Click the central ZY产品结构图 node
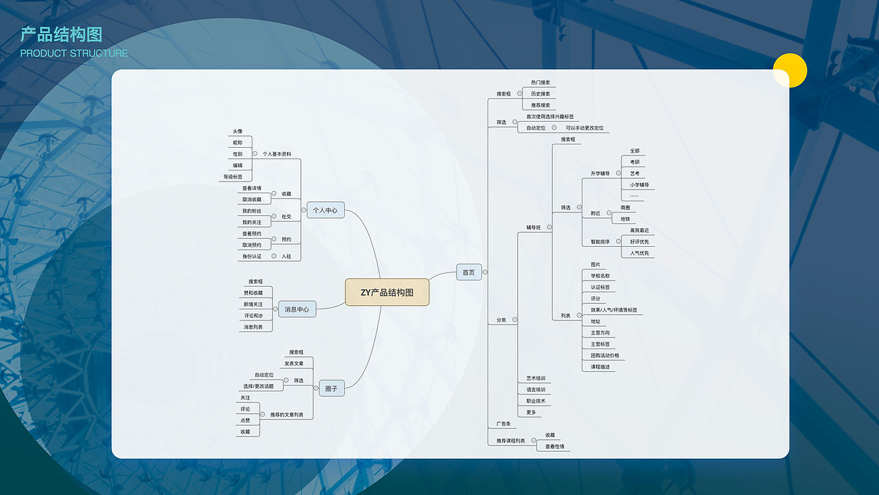(x=387, y=292)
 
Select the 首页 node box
(x=468, y=272)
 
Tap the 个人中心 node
(x=326, y=210)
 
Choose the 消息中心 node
(x=297, y=309)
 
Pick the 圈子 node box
(x=331, y=388)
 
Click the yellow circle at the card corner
(x=790, y=70)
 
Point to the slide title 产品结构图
(x=61, y=34)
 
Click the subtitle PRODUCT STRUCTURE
(x=74, y=54)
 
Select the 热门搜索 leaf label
(x=540, y=82)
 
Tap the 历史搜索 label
(x=540, y=93)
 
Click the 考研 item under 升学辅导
(x=635, y=162)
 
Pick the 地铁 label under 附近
(x=625, y=219)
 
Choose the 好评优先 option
(x=639, y=242)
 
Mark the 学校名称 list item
(x=600, y=276)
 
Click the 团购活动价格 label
(x=604, y=355)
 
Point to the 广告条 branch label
(x=502, y=423)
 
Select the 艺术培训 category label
(x=536, y=378)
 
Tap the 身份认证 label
(x=251, y=256)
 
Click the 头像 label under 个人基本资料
(x=238, y=131)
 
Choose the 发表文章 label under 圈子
(x=294, y=363)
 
